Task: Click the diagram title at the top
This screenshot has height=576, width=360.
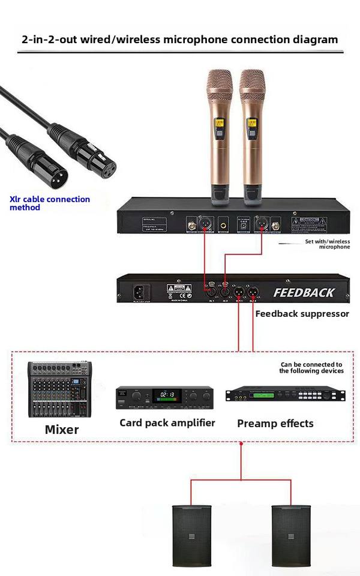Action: tap(179, 40)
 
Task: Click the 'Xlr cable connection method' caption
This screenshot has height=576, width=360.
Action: tap(50, 203)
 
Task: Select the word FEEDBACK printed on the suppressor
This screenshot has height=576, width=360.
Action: tap(304, 293)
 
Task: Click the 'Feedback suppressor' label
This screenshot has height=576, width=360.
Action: tap(302, 313)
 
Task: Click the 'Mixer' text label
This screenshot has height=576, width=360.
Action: tap(62, 430)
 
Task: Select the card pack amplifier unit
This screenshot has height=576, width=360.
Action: tap(164, 397)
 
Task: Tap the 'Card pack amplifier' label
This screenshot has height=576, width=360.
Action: tap(167, 423)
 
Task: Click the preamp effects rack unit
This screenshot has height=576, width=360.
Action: tap(285, 395)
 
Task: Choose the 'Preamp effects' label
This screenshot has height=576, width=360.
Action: tap(275, 424)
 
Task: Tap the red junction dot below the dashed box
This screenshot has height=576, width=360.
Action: tap(241, 444)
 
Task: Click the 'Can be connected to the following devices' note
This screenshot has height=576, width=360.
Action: tap(311, 368)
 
